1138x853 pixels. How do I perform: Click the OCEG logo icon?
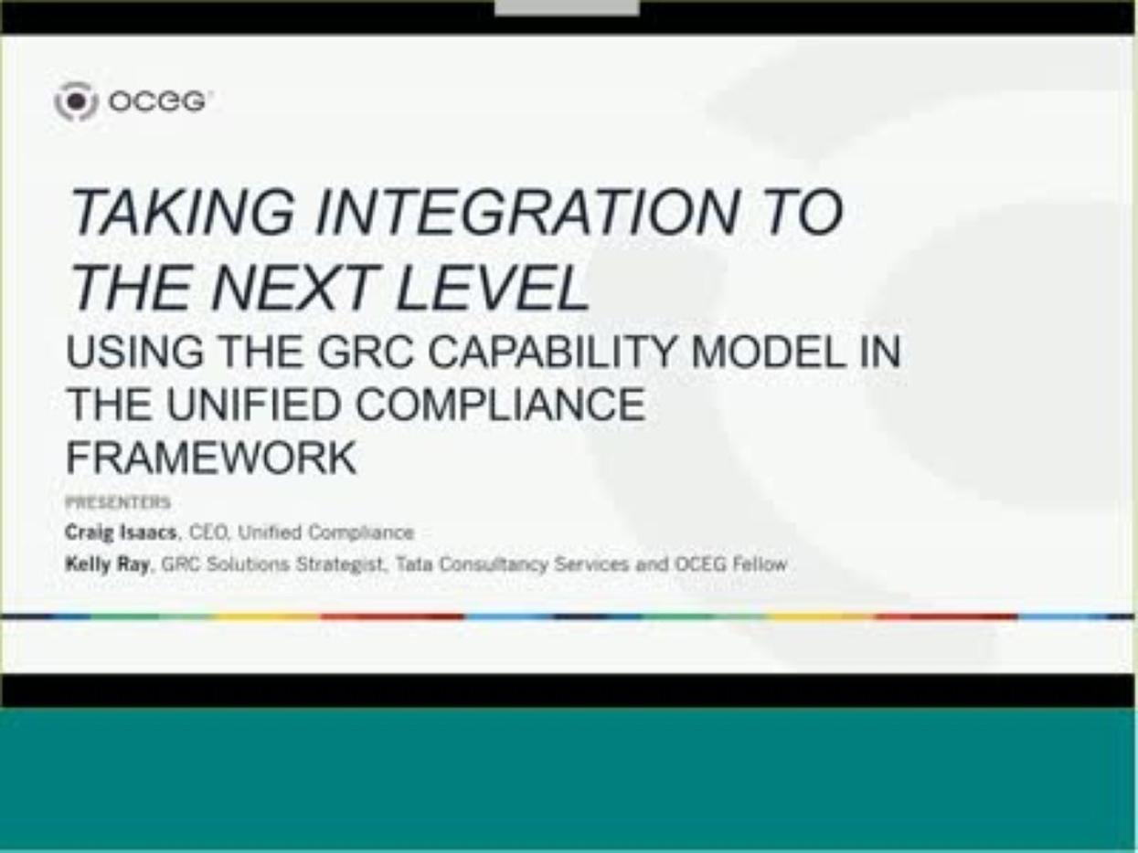click(75, 100)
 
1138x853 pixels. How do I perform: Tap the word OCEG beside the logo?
click(157, 101)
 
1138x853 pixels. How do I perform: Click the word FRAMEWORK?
click(211, 458)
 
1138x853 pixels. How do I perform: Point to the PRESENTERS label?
click(118, 502)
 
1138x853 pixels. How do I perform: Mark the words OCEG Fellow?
click(730, 564)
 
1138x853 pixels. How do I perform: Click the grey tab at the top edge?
click(567, 7)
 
